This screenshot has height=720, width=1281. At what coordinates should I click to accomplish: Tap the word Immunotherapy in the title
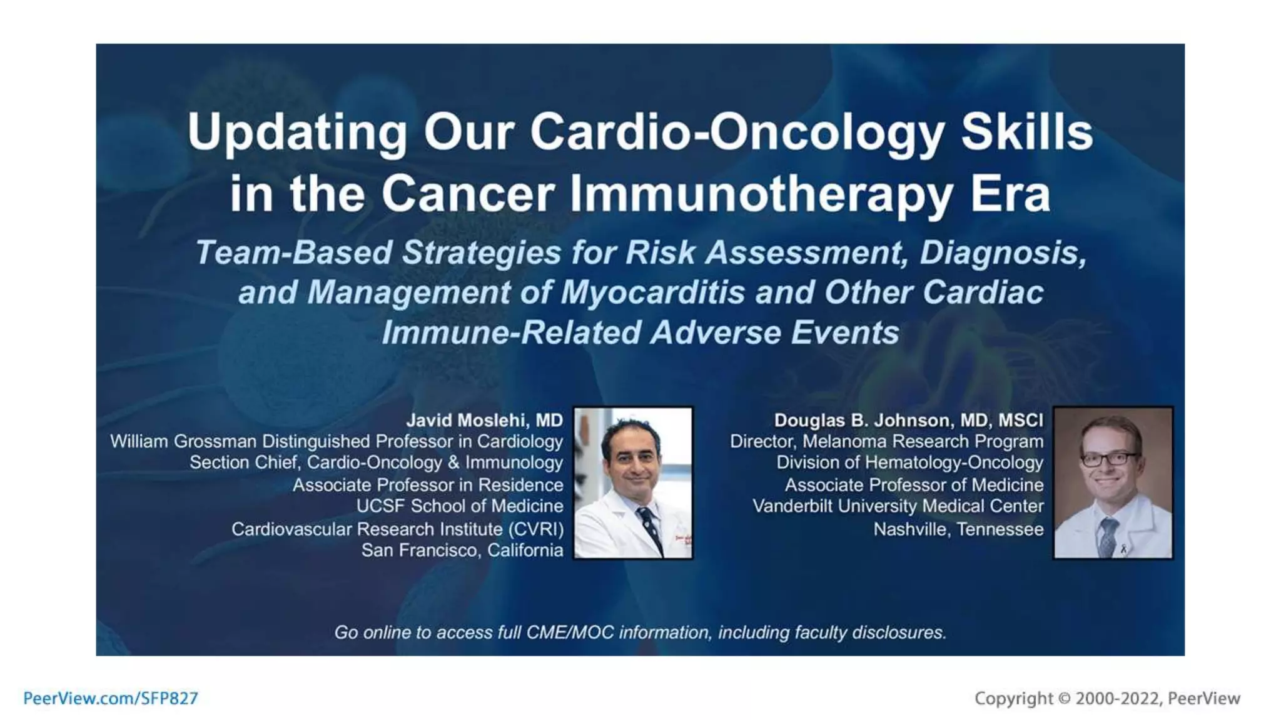tap(761, 194)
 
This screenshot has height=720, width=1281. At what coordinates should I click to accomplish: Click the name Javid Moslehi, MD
tap(485, 420)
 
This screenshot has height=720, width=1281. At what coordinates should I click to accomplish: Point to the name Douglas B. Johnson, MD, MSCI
tap(908, 420)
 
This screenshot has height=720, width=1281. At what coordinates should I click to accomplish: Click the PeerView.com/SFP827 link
tap(111, 698)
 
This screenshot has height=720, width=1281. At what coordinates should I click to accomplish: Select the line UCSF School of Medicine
tap(459, 506)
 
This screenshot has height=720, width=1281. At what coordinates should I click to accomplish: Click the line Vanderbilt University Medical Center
tap(898, 506)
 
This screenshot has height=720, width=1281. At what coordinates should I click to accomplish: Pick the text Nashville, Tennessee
tap(958, 529)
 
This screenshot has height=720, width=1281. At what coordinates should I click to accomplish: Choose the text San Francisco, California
tap(462, 550)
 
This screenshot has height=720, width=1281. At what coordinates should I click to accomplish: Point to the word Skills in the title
tap(1026, 132)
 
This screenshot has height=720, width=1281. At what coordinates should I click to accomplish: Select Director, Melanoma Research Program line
tap(886, 441)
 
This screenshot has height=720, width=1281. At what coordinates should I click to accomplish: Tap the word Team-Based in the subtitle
tap(293, 252)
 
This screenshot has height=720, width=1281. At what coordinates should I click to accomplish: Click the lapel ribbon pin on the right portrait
tap(1123, 549)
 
